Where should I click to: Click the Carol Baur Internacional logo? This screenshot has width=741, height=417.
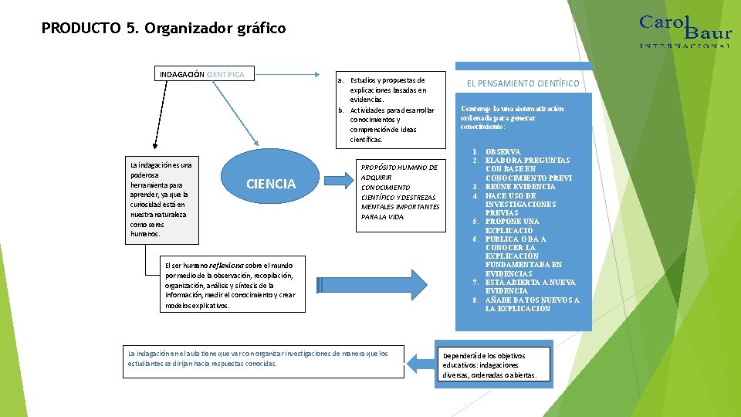[684, 30]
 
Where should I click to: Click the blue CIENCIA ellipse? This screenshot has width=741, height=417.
[270, 184]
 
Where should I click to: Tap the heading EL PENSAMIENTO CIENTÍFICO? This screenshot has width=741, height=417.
[523, 83]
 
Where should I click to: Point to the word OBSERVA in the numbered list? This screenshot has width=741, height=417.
[502, 152]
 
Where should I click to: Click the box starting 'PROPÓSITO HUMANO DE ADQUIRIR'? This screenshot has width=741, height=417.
[401, 192]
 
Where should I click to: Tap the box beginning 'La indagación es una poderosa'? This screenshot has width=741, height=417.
[161, 198]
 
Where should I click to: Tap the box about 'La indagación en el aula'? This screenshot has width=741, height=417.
[264, 358]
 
